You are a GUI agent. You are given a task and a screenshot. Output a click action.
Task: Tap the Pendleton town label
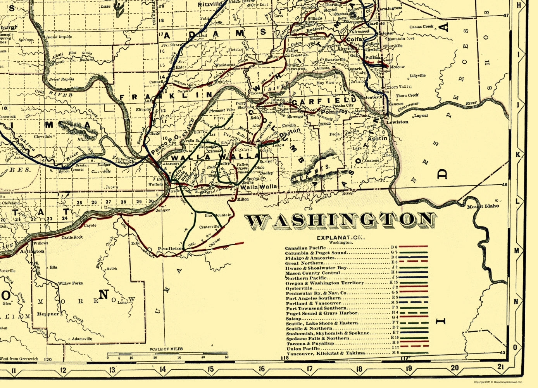[x=170, y=248]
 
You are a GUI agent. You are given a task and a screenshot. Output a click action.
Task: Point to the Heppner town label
[x=48, y=314]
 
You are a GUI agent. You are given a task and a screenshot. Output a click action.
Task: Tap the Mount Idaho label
[x=483, y=206]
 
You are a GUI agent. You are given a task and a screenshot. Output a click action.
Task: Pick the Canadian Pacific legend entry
[x=305, y=248]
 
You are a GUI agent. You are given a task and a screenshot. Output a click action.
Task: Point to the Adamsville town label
[x=82, y=339]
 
